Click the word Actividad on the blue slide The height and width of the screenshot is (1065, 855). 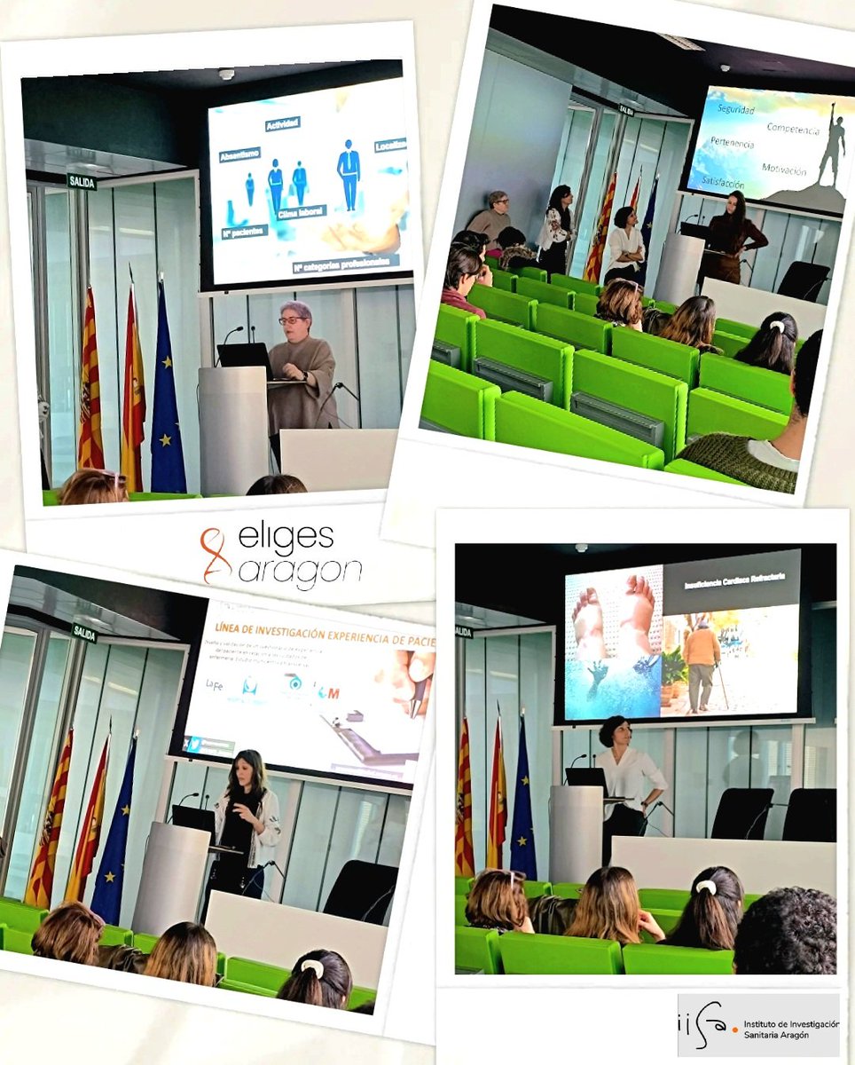[x=282, y=123]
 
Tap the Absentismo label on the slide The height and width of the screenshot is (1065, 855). [x=239, y=154]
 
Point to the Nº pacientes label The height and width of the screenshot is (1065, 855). [x=243, y=233]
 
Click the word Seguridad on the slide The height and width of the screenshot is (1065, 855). [x=735, y=110]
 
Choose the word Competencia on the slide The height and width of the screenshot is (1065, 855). [x=793, y=129]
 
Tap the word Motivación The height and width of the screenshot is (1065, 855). [x=784, y=170]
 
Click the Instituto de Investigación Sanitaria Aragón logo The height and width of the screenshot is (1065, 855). [x=758, y=1024]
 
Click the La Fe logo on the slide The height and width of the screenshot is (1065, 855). [x=214, y=684]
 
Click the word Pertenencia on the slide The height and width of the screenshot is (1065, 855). [x=732, y=143]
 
